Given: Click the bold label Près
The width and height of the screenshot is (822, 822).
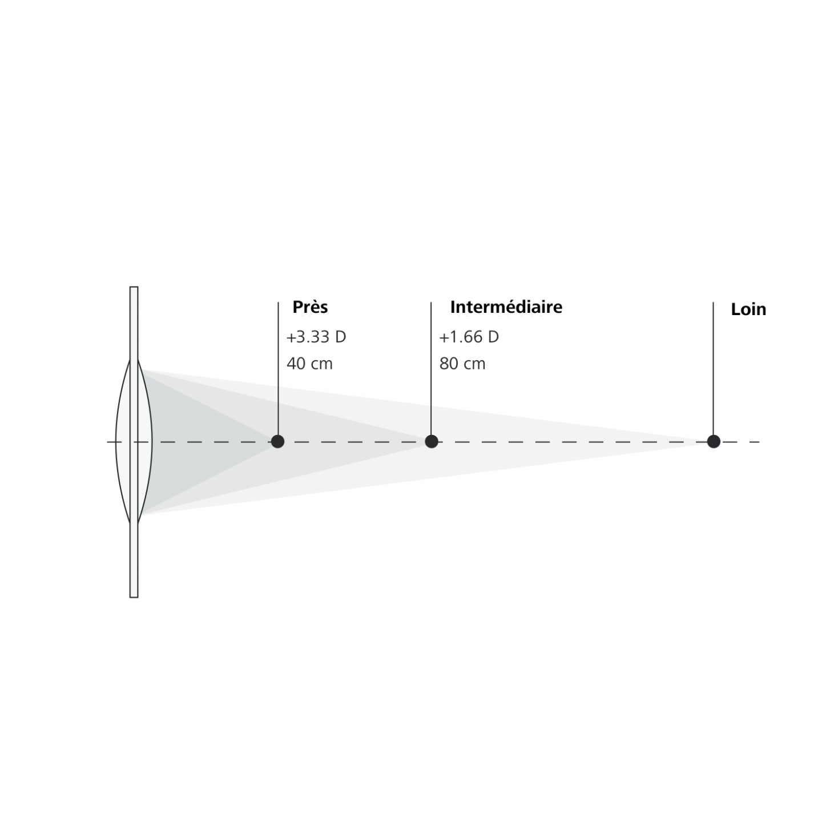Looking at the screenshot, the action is (310, 307).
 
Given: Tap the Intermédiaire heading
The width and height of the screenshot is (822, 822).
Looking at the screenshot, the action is (506, 307).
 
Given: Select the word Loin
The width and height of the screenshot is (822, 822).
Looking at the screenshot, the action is (748, 310).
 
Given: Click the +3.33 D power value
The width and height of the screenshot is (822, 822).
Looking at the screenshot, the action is (316, 337).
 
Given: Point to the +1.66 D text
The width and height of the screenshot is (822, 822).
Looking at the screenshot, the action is (469, 337).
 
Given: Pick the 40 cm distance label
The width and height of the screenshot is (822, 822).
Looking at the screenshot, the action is (310, 364).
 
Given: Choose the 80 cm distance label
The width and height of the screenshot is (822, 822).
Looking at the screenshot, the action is (462, 364).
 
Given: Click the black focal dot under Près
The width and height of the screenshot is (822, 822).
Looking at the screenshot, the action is (277, 441).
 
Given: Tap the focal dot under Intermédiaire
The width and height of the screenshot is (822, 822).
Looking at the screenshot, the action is (431, 441).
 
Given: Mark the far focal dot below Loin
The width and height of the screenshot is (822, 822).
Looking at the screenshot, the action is (714, 441).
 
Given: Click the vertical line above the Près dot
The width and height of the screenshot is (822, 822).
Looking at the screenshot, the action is (278, 369).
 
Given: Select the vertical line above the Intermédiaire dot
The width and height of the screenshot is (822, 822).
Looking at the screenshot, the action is (431, 369).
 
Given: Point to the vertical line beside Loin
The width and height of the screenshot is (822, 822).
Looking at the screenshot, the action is (713, 369).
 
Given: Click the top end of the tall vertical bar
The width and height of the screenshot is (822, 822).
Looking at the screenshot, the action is (134, 287).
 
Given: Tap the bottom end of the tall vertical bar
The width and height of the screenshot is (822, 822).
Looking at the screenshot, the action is (134, 597).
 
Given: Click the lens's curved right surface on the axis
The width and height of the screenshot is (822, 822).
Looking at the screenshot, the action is (152, 441).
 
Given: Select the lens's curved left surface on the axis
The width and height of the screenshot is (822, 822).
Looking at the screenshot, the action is (116, 441).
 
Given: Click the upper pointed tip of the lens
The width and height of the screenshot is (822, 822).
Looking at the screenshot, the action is (134, 360).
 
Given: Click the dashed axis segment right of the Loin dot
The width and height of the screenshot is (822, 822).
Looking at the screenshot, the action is (740, 442).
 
